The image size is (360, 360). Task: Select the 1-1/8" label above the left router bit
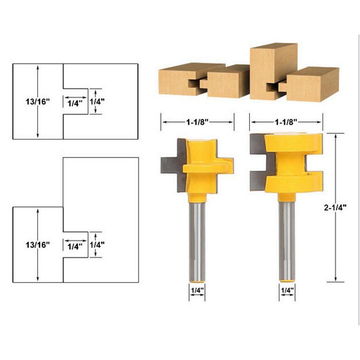click(197, 122)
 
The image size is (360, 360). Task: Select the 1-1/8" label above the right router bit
click(286, 122)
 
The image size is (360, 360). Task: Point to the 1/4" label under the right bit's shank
click(287, 289)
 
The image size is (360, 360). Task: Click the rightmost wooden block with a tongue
click(313, 85)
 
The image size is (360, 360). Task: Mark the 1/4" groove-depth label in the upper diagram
click(75, 103)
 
